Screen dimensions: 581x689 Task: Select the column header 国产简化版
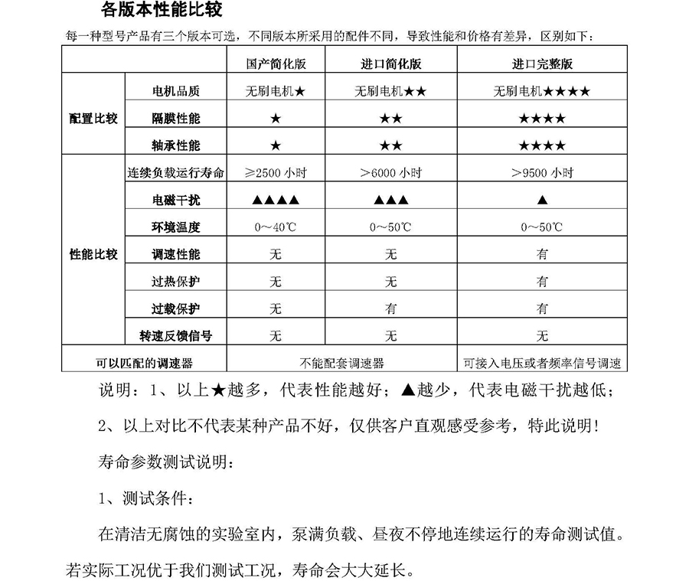(276, 64)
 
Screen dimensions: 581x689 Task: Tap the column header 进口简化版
(390, 64)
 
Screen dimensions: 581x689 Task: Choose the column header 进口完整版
(542, 64)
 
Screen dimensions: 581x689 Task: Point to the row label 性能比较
(93, 254)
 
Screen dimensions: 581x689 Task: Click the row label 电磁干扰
(176, 201)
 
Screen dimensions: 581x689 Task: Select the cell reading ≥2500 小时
(276, 173)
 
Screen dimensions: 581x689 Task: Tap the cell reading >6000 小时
(390, 173)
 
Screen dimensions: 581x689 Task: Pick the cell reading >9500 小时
(542, 173)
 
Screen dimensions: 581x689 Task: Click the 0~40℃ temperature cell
(276, 227)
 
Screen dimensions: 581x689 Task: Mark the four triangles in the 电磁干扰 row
(276, 201)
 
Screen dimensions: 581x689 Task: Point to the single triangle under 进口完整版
(542, 201)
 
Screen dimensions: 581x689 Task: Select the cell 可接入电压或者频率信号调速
(542, 363)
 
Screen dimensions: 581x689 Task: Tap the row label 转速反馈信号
(176, 335)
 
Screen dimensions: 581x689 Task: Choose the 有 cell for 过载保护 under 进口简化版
(390, 308)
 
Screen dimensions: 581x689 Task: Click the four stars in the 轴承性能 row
(542, 145)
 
